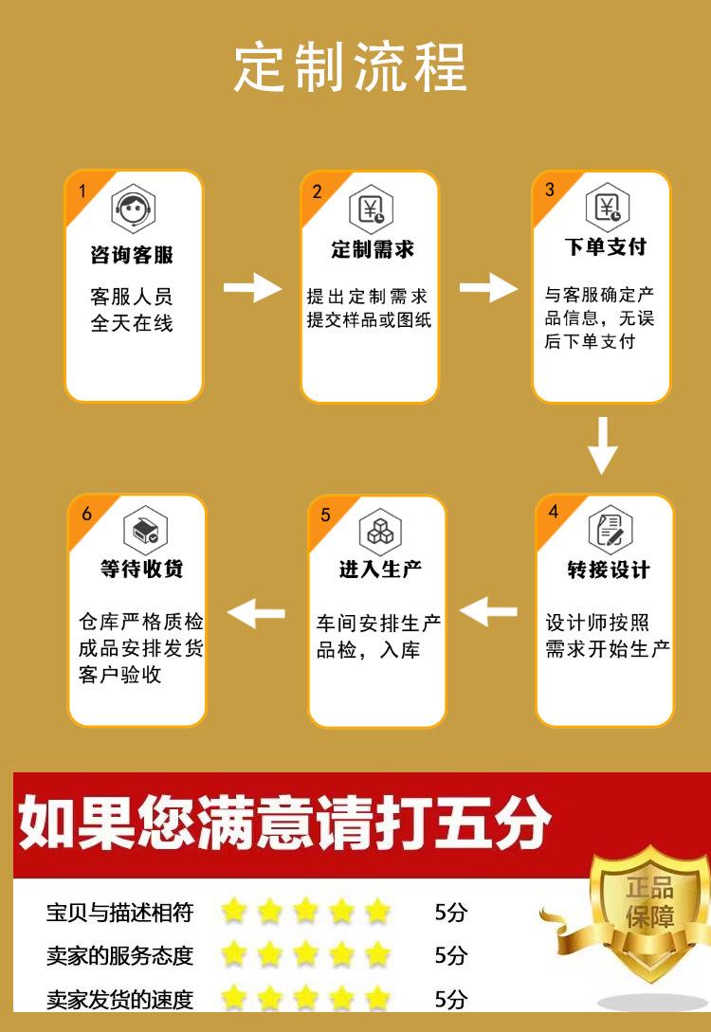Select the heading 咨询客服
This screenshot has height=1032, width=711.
(133, 255)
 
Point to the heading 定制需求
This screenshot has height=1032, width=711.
(373, 249)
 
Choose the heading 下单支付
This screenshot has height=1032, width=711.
(605, 247)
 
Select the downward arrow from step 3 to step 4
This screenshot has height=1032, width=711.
(602, 445)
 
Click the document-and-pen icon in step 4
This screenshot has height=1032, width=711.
(608, 529)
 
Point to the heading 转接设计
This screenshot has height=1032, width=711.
(608, 570)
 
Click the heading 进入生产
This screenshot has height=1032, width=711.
(380, 570)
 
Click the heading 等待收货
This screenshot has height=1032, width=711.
(142, 569)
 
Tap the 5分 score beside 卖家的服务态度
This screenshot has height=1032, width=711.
(450, 955)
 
